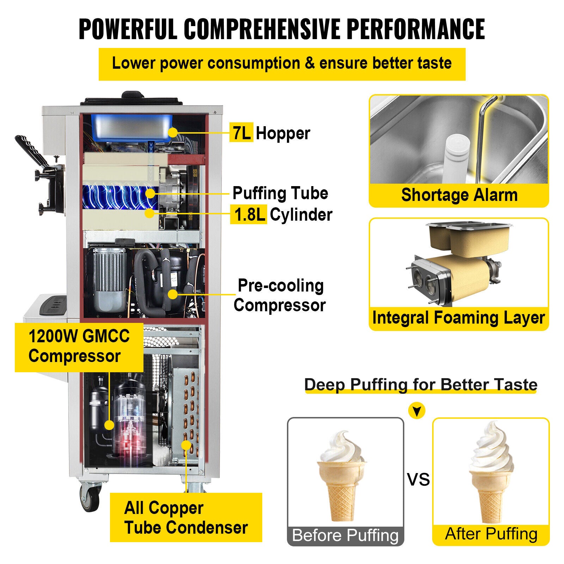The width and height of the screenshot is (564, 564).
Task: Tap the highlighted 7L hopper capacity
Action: pyautogui.click(x=241, y=133)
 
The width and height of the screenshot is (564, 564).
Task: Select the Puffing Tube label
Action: pyautogui.click(x=280, y=193)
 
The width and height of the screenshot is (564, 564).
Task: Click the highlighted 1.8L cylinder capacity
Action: pyautogui.click(x=249, y=214)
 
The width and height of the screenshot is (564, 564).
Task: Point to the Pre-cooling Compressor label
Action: pyautogui.click(x=280, y=295)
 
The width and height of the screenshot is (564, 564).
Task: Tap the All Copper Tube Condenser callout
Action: pyautogui.click(x=186, y=517)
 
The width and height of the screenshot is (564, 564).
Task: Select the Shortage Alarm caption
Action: pyautogui.click(x=459, y=195)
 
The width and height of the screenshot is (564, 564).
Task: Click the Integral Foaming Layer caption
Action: pyautogui.click(x=459, y=318)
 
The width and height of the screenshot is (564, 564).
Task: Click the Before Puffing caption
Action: pyautogui.click(x=345, y=535)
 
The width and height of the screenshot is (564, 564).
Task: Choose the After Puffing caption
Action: pyautogui.click(x=491, y=534)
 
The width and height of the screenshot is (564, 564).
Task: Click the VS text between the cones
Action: pyautogui.click(x=418, y=479)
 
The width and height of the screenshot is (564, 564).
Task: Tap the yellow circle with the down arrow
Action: pyautogui.click(x=417, y=411)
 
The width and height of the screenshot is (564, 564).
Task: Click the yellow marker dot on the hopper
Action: pyautogui.click(x=172, y=133)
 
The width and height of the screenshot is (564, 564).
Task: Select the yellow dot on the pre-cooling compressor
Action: pyautogui.click(x=172, y=294)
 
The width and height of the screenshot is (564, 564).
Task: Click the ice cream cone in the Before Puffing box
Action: pyautogui.click(x=341, y=476)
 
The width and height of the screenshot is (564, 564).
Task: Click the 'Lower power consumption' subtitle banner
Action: pyautogui.click(x=282, y=64)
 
